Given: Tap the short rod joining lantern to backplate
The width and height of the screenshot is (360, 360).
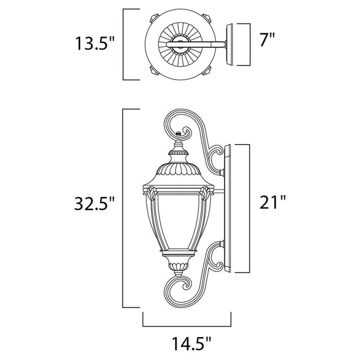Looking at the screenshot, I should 217,193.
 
